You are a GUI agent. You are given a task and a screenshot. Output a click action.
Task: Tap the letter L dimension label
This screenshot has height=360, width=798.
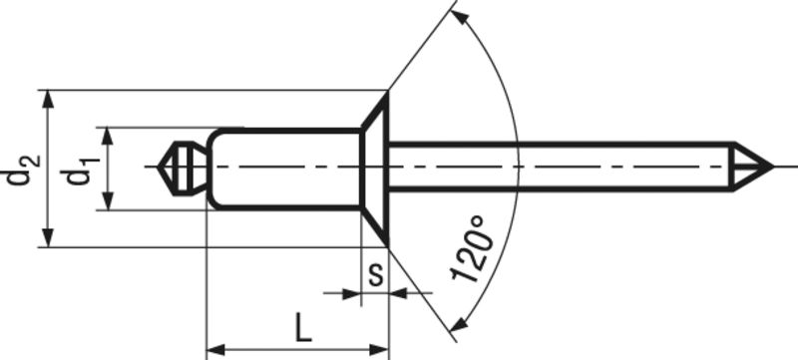tap(303, 327)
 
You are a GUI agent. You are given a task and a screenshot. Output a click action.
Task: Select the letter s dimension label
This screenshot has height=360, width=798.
tap(375, 275)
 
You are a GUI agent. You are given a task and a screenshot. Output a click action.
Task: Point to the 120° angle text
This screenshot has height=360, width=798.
tap(473, 248)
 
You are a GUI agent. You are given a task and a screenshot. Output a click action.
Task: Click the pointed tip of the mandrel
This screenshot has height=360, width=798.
tap(772, 167)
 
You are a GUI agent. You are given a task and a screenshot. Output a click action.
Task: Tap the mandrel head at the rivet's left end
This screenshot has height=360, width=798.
tap(183, 168)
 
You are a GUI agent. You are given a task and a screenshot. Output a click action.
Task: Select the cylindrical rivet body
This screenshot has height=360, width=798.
tap(285, 169)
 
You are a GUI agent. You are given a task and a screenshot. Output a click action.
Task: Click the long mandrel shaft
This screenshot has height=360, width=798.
tap(561, 167)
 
